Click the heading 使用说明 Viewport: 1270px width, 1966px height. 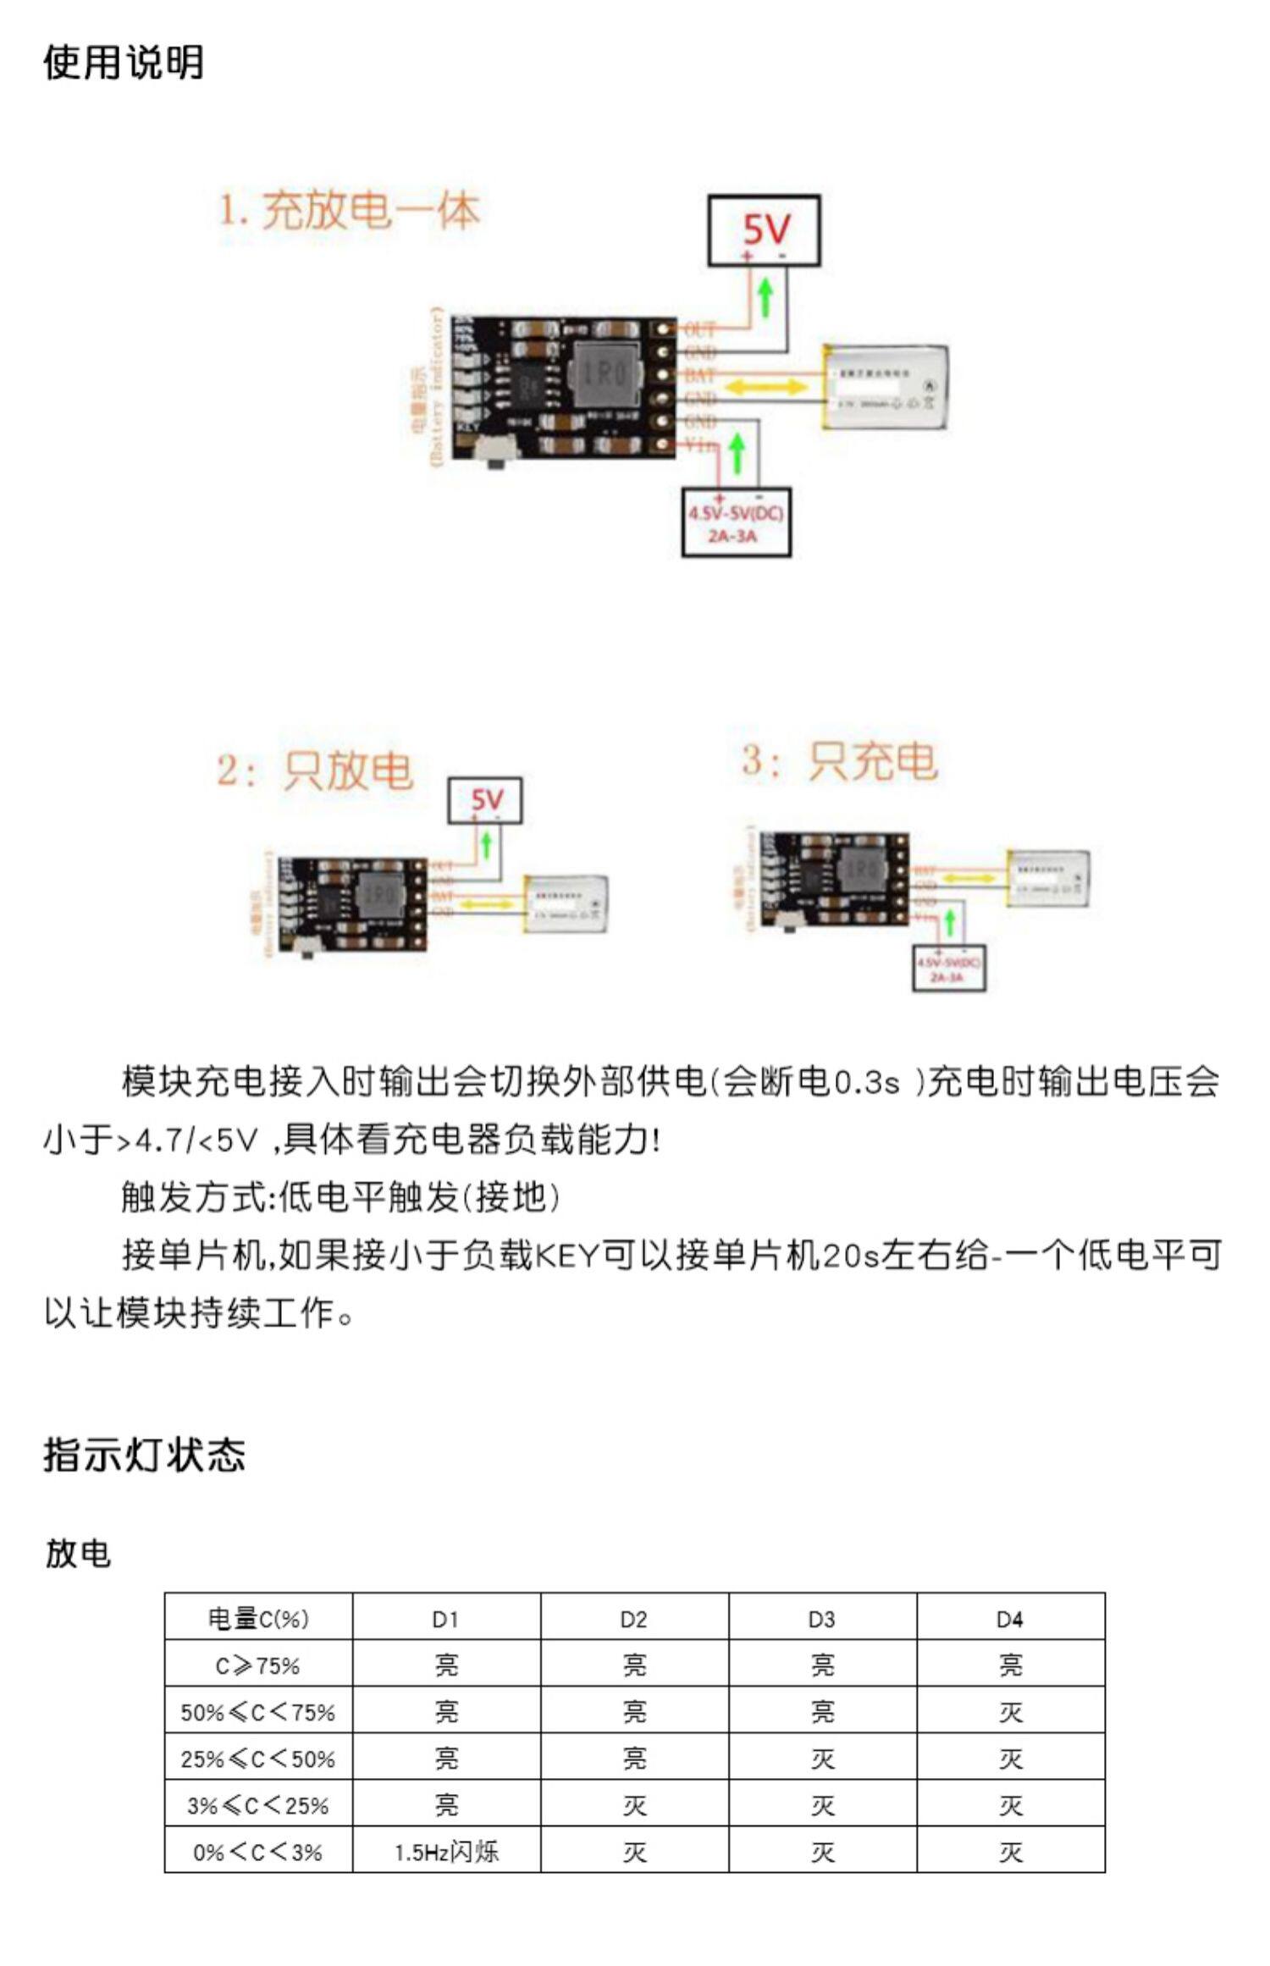point(124,62)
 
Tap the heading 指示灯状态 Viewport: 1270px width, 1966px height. point(144,1455)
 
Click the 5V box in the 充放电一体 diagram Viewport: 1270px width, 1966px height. point(764,230)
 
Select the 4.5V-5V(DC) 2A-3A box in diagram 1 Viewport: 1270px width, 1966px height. point(736,522)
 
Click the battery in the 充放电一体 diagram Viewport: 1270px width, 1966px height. point(886,387)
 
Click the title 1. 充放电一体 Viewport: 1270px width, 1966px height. point(350,210)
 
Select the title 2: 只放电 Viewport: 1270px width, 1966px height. point(315,770)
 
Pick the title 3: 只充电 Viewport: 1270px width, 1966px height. point(839,759)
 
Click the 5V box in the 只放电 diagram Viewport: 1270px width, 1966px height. point(485,800)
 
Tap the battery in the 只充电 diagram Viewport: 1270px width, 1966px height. point(1047,878)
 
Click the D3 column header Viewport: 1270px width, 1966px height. point(822,1619)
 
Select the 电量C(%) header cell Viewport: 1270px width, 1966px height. point(258,1619)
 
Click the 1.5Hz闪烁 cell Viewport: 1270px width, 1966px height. point(446,1852)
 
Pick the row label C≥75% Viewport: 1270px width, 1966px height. point(258,1665)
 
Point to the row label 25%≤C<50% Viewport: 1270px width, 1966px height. point(258,1759)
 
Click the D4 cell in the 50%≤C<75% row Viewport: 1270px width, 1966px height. point(1010,1712)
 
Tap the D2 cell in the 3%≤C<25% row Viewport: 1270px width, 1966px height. point(634,1805)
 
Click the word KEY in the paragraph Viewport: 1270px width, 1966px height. point(567,1255)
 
